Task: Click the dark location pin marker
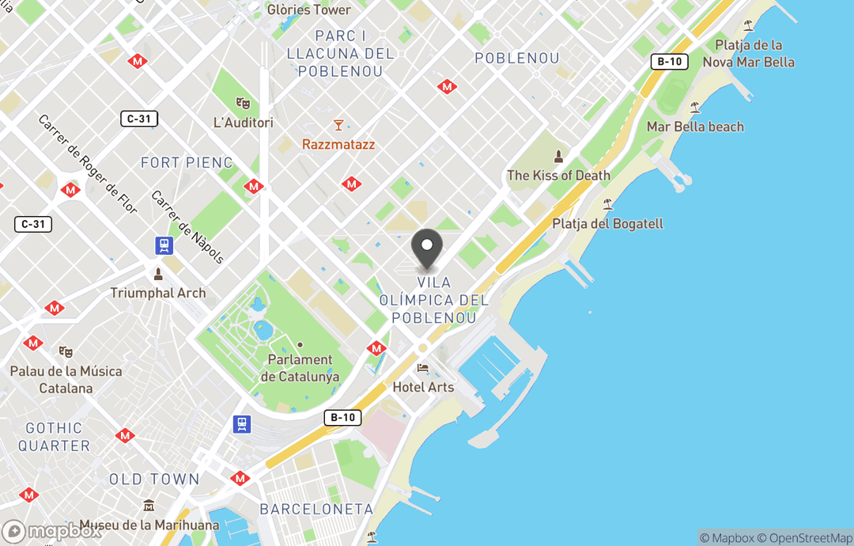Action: pyautogui.click(x=427, y=248)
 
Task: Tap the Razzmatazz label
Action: pyautogui.click(x=338, y=145)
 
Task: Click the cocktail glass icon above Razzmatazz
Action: pyautogui.click(x=338, y=125)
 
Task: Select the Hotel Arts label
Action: pyautogui.click(x=423, y=387)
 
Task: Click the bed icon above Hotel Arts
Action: pyautogui.click(x=423, y=369)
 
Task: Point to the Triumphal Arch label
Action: pyautogui.click(x=158, y=293)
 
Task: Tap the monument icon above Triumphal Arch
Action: pyautogui.click(x=158, y=274)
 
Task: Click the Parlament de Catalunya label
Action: pyautogui.click(x=300, y=369)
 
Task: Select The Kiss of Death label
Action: pyautogui.click(x=558, y=176)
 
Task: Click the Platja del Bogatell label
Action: pyautogui.click(x=607, y=224)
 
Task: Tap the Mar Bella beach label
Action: pyautogui.click(x=695, y=127)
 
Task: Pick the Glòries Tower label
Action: pyautogui.click(x=309, y=10)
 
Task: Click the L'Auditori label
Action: pyautogui.click(x=244, y=123)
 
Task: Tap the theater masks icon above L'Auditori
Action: pyautogui.click(x=244, y=103)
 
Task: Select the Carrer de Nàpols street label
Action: pyautogui.click(x=187, y=227)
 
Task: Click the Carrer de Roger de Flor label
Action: pyautogui.click(x=88, y=164)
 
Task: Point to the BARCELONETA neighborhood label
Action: pyautogui.click(x=316, y=509)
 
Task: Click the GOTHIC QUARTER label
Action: pyautogui.click(x=54, y=437)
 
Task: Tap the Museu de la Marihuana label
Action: pyautogui.click(x=149, y=525)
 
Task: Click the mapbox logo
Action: pyautogui.click(x=52, y=531)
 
